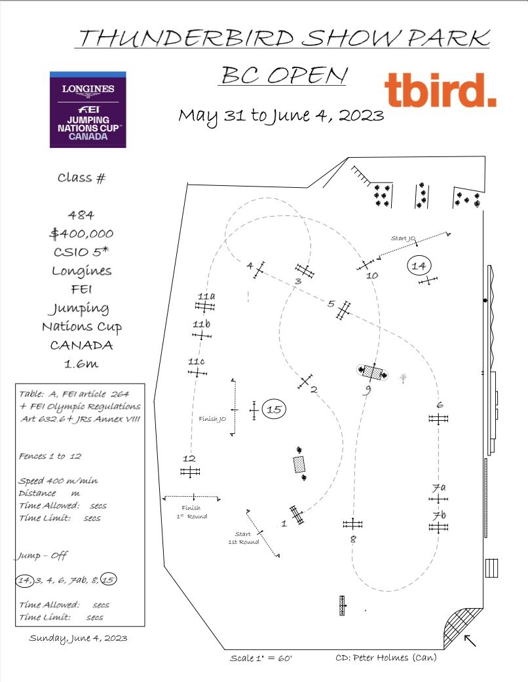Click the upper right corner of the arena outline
click(x=485, y=156)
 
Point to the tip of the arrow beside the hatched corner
click(x=464, y=636)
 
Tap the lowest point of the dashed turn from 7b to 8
click(x=387, y=591)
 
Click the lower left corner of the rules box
click(x=16, y=626)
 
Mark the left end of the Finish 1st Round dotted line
click(x=163, y=499)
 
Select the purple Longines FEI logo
click(x=88, y=109)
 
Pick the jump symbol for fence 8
click(x=352, y=524)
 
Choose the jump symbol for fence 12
click(x=190, y=471)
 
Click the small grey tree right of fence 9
click(x=403, y=378)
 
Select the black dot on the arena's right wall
click(x=485, y=300)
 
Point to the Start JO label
click(x=403, y=238)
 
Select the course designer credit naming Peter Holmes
click(x=386, y=657)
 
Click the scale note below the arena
click(x=261, y=658)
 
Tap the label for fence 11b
click(x=202, y=325)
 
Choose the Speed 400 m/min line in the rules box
click(x=58, y=480)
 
